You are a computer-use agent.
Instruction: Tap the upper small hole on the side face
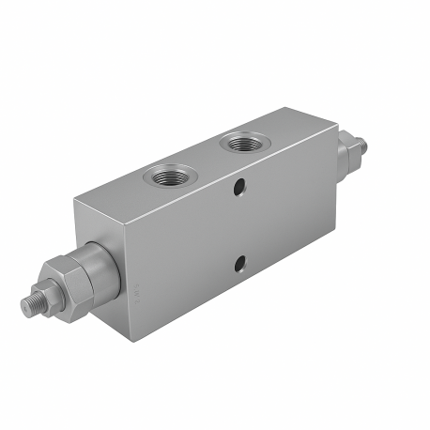(241, 189)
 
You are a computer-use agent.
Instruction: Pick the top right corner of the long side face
(335, 123)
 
